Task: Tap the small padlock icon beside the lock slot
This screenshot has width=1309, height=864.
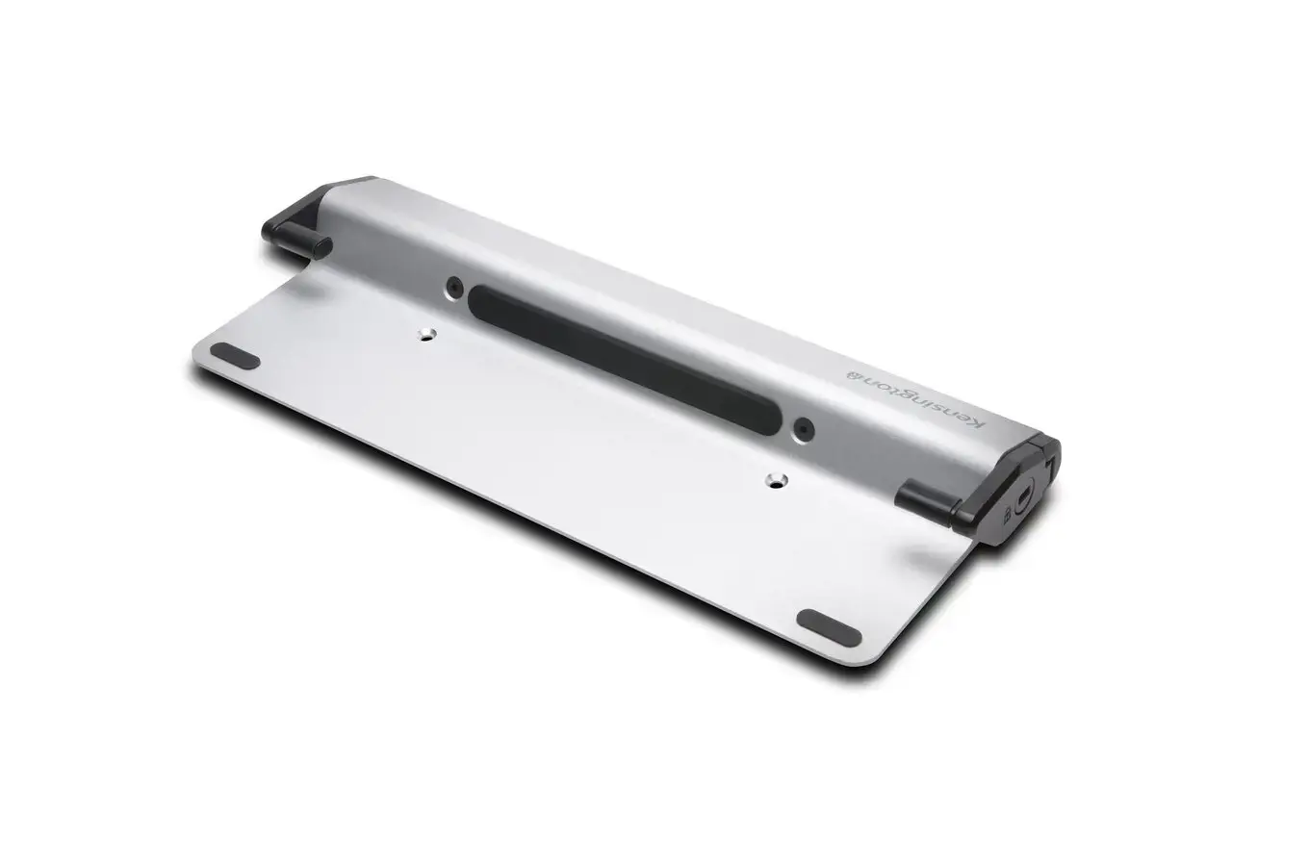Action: click(x=1007, y=515)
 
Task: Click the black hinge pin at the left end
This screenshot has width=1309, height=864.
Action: click(x=297, y=245)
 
